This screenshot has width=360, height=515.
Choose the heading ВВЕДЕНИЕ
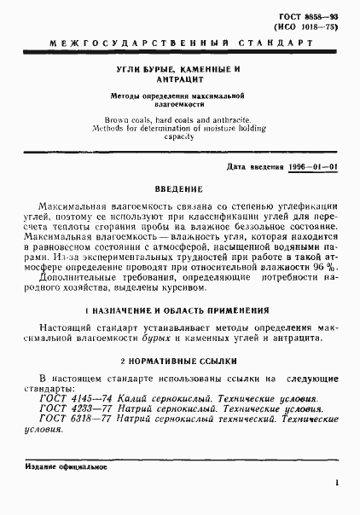[x=178, y=188]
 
